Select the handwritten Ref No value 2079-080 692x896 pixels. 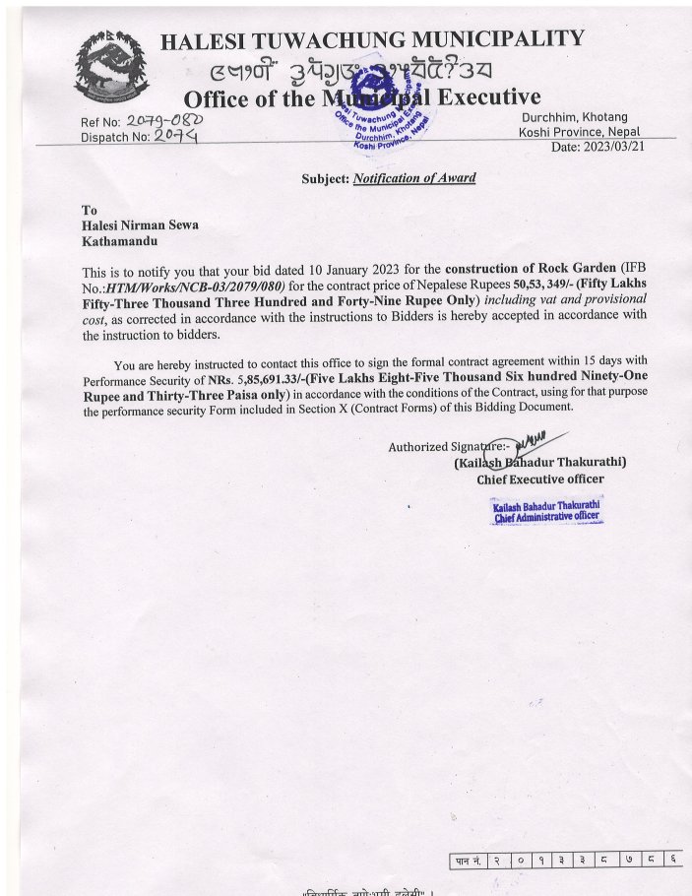tap(165, 121)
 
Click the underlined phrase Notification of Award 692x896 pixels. tap(413, 178)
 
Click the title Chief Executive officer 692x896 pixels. tap(540, 480)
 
